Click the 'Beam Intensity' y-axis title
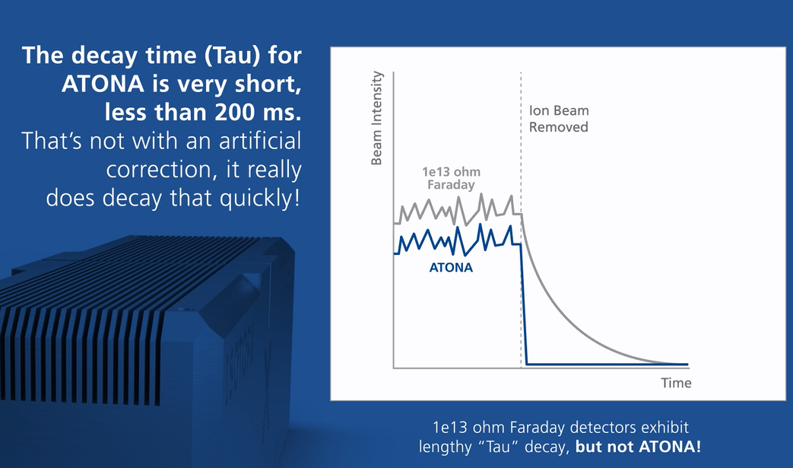pyautogui.click(x=377, y=118)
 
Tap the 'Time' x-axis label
pyautogui.click(x=676, y=383)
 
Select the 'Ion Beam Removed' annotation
pyautogui.click(x=559, y=119)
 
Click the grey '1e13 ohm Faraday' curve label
pyautogui.click(x=451, y=178)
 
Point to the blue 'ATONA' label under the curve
pyautogui.click(x=451, y=268)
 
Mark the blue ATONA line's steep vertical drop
pyautogui.click(x=523, y=304)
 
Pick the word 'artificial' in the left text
pyautogui.click(x=260, y=141)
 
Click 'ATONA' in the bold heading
pyautogui.click(x=103, y=84)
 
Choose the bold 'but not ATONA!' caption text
pyautogui.click(x=638, y=447)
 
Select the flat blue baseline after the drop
pyautogui.click(x=607, y=364)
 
